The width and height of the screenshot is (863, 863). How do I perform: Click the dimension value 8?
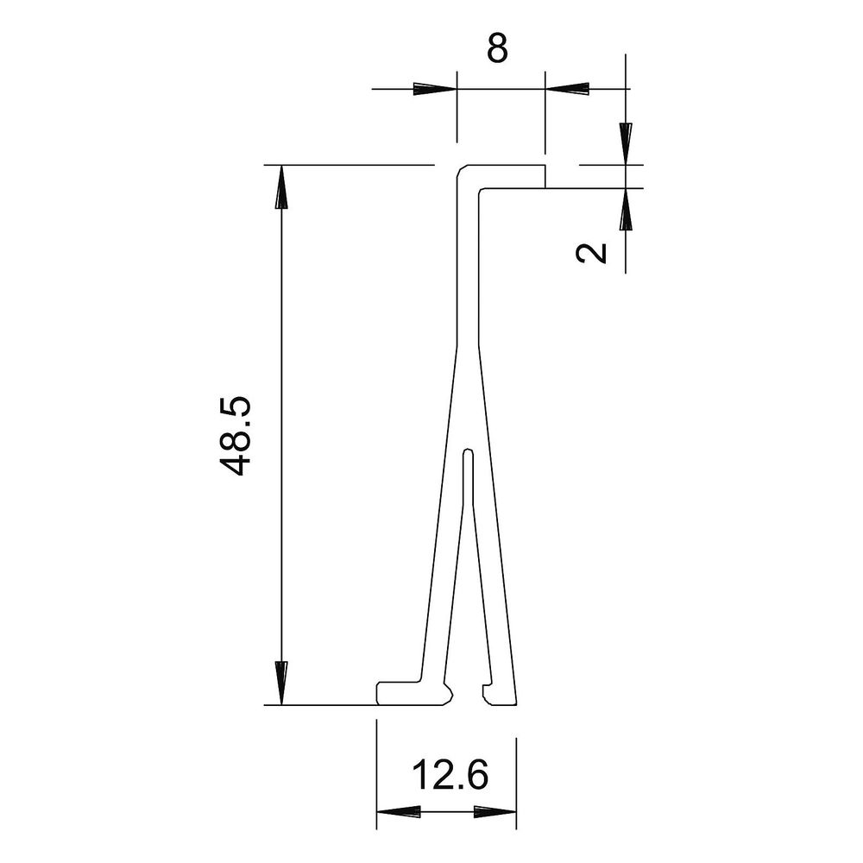coord(497,48)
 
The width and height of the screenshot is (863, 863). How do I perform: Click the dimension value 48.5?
coord(235,435)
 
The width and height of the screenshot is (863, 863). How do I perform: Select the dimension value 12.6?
coord(450,774)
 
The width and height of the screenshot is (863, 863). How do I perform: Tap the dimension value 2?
coord(591,253)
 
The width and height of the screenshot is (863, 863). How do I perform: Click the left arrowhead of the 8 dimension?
coord(435,89)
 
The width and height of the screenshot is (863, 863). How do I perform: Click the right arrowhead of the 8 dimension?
coord(567,89)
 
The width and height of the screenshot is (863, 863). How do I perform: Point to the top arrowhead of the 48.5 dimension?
coord(281,187)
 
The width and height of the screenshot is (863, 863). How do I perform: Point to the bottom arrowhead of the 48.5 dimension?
coord(281,683)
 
